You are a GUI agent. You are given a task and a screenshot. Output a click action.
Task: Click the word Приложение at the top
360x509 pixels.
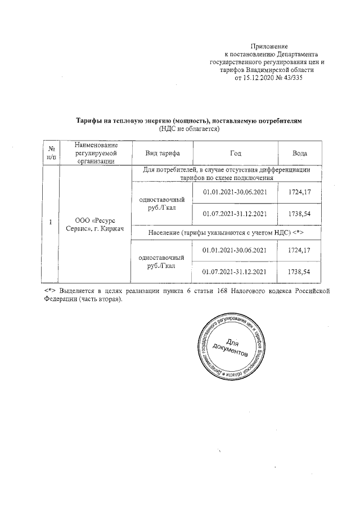269,46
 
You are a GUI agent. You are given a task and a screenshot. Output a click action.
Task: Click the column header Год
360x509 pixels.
236,153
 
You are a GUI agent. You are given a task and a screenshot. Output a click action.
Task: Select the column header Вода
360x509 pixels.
300,153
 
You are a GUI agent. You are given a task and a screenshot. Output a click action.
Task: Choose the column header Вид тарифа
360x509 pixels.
163,153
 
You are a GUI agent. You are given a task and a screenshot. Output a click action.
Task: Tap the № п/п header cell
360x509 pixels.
51,153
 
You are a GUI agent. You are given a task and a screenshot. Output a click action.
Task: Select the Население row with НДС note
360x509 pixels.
227,232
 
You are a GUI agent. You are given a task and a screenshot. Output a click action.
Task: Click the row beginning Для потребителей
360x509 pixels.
227,173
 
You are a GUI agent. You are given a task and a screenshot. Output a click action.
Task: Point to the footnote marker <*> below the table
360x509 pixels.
49,291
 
